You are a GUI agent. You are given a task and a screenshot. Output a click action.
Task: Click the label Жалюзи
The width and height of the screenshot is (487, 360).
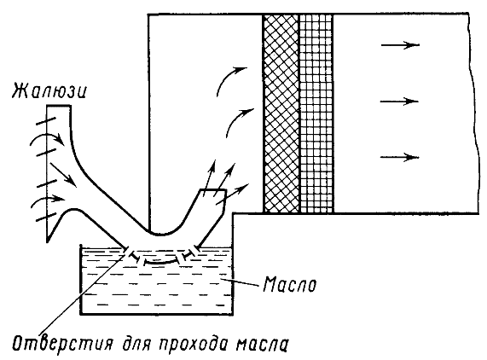[49, 92]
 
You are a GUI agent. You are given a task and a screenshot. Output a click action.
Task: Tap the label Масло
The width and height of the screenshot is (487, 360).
[290, 284]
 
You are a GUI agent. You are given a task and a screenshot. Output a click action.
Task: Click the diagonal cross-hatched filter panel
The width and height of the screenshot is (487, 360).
[281, 113]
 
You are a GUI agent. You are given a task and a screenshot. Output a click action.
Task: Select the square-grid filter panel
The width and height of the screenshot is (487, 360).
[316, 113]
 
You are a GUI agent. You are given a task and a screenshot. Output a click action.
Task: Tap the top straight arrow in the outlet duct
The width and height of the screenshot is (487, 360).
[400, 45]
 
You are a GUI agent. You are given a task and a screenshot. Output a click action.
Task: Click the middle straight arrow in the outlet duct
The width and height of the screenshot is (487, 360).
[400, 102]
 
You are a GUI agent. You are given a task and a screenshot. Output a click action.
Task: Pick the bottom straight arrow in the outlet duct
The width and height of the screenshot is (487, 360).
[400, 157]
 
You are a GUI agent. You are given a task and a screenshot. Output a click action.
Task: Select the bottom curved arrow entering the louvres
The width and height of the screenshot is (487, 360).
[47, 198]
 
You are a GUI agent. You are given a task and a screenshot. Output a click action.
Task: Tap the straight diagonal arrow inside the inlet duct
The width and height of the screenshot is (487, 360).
[63, 174]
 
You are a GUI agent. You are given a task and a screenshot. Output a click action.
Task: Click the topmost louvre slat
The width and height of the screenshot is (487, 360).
[47, 121]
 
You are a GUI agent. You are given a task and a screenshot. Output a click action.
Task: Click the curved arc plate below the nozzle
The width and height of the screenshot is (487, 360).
[160, 263]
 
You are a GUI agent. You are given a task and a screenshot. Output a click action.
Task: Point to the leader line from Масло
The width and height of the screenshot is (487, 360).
[240, 282]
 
